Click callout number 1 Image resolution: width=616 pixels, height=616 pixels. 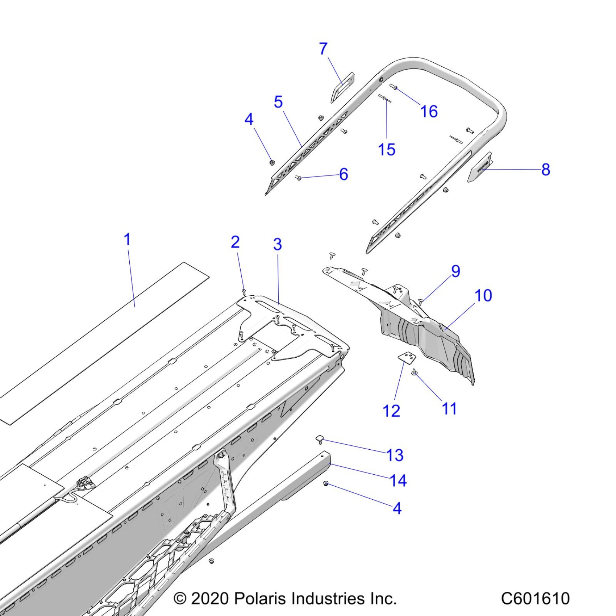pyautogui.click(x=127, y=240)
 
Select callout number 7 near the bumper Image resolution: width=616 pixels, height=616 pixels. pyautogui.click(x=323, y=49)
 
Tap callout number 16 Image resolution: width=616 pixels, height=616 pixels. pyautogui.click(x=429, y=111)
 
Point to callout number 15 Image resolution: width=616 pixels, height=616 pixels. pyautogui.click(x=386, y=149)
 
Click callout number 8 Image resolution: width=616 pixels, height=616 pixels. pyautogui.click(x=546, y=169)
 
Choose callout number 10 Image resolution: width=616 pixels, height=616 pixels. pyautogui.click(x=483, y=296)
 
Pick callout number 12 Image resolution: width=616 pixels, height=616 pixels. pyautogui.click(x=391, y=411)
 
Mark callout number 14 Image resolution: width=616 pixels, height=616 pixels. pyautogui.click(x=398, y=480)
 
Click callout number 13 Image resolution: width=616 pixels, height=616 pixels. pyautogui.click(x=395, y=455)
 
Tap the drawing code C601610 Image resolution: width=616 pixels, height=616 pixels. pyautogui.click(x=535, y=598)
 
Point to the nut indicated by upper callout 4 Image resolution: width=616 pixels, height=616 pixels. pyautogui.click(x=272, y=162)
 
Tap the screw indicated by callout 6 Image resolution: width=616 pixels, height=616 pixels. pyautogui.click(x=299, y=178)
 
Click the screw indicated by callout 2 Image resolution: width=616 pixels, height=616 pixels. pyautogui.click(x=244, y=291)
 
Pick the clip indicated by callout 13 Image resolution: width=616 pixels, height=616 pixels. pyautogui.click(x=319, y=439)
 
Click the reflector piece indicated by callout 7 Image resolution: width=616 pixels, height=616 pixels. pyautogui.click(x=342, y=87)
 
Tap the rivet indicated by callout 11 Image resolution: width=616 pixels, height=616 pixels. pyautogui.click(x=414, y=372)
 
